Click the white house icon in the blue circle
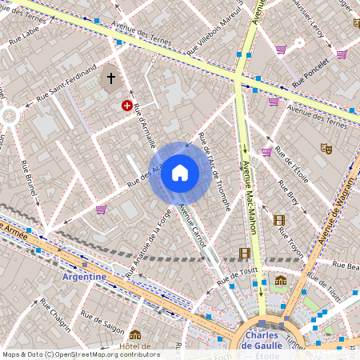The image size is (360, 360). click(x=180, y=173)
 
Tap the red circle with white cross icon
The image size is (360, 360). click(x=126, y=106)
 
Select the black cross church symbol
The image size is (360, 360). click(x=111, y=78)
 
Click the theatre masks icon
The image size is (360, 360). click(x=326, y=148)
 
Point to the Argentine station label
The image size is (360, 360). click(x=84, y=277)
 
